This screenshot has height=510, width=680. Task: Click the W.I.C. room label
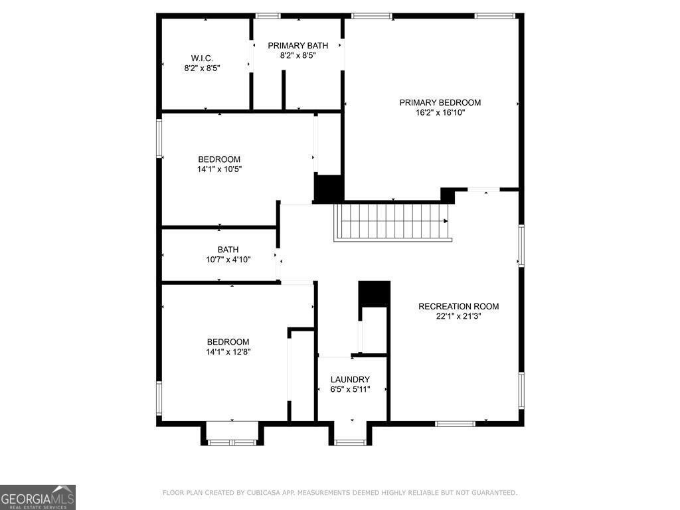pos(202,58)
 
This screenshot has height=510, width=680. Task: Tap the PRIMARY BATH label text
pos(298,46)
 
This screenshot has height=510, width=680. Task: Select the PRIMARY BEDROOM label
pos(440,103)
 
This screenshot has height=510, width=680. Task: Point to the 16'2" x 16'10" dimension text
pos(440,113)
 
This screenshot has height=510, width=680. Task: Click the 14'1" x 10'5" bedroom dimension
pos(219,169)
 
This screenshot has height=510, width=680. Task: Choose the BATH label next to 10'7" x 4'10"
pos(228,250)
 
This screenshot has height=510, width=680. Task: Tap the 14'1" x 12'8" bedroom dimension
pos(228,352)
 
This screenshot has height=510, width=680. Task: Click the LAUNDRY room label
pos(350,379)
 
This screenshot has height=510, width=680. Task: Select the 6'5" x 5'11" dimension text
pos(350,389)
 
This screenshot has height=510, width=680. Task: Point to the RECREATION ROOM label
pos(459,307)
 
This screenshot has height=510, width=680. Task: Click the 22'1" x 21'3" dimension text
pos(459,317)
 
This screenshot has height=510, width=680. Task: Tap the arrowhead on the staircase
pos(446,221)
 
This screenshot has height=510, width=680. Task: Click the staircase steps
pos(393,222)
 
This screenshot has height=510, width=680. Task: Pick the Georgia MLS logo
pos(38,497)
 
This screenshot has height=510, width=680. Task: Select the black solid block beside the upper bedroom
pos(329,189)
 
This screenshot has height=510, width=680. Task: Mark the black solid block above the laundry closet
pos(375,294)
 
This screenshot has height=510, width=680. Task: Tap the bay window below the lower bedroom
pos(232,442)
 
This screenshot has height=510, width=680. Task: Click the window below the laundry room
pos(351,442)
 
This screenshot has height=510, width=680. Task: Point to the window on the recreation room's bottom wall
pos(456,423)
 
